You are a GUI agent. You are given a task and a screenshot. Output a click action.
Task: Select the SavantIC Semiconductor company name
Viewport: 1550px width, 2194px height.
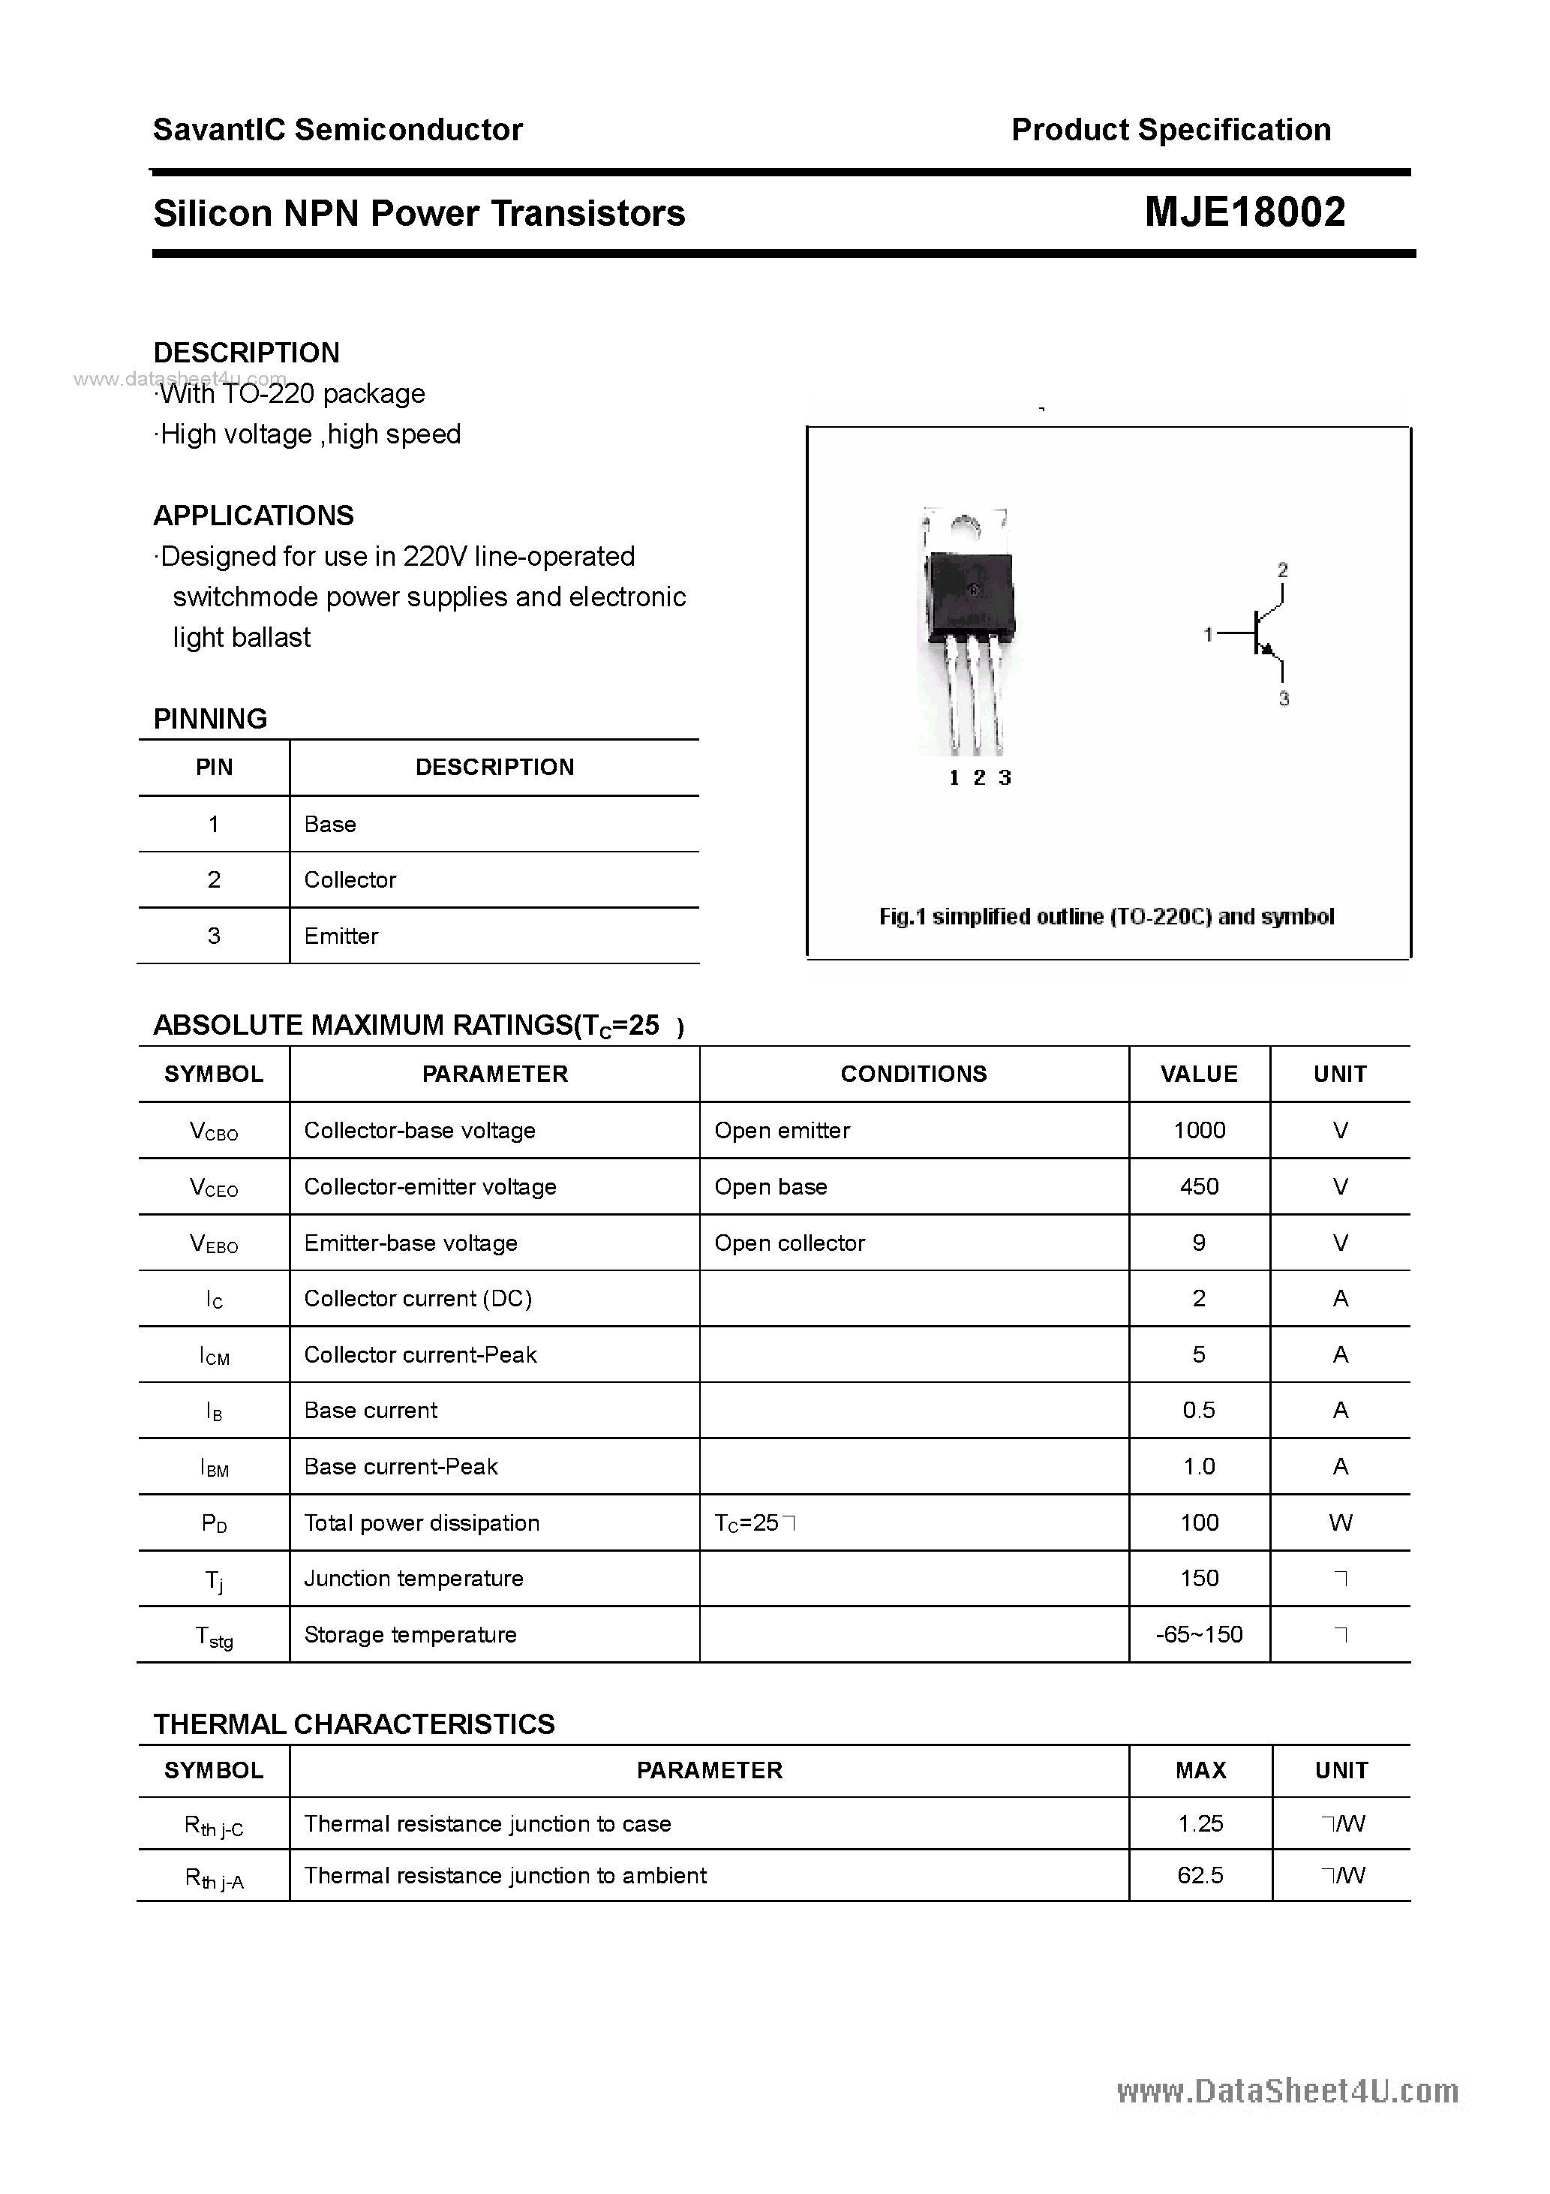pos(338,130)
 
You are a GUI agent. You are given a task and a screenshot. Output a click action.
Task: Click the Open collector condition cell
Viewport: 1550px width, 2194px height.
pos(789,1243)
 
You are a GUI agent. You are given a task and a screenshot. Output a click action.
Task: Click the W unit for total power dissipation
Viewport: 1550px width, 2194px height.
pos(1340,1523)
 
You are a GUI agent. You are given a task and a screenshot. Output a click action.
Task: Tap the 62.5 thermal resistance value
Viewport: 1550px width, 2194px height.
pos(1200,1876)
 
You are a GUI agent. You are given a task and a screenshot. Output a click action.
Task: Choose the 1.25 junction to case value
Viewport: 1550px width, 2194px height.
pos(1200,1823)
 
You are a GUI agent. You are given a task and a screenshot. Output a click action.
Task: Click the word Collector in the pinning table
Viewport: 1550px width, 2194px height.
pos(350,880)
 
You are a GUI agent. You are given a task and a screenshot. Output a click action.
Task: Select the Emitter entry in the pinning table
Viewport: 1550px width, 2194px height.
pos(341,936)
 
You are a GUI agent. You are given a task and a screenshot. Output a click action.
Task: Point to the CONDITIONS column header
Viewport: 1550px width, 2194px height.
pos(914,1074)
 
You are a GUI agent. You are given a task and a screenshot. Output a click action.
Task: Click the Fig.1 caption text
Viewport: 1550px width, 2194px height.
pos(1107,918)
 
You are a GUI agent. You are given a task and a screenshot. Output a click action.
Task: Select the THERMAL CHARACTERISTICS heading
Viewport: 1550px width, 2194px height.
pos(353,1724)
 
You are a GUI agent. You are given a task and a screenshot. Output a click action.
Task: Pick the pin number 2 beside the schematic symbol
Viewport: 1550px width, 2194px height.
pos(1282,570)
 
